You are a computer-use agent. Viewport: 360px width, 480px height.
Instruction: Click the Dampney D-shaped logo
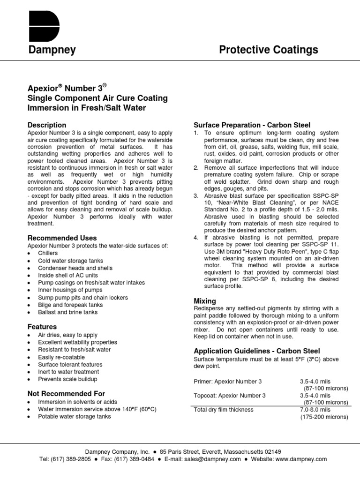pos(44,27)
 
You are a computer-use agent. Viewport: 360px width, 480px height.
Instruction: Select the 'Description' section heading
pos(47,125)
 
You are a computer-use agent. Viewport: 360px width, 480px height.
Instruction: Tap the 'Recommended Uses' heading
pos(62,238)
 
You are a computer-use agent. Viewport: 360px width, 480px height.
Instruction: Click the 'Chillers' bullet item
pos(48,253)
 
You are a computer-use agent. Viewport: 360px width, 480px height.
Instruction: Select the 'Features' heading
pos(42,327)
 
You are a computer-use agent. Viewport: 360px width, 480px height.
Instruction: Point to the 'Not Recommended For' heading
pos(66,394)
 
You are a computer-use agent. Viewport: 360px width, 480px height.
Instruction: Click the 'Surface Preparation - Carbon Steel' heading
pos(252,125)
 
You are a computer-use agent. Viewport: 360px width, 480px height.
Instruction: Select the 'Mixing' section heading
pos(205,301)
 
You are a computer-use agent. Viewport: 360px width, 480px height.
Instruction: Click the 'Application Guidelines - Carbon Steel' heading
pos(257,351)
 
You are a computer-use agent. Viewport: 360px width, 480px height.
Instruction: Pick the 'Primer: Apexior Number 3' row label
pos(228,382)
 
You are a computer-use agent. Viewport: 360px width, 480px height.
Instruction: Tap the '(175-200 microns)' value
pos(324,417)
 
